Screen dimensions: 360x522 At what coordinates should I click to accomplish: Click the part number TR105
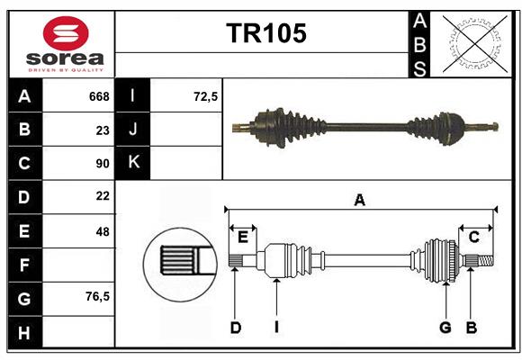coord(265,34)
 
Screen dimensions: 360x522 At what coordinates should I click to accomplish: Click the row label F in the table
coord(24,265)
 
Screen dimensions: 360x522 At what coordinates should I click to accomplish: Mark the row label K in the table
coord(134,163)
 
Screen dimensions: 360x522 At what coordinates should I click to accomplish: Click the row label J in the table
coord(134,130)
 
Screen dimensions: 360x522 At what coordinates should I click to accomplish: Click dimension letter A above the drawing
coord(360,201)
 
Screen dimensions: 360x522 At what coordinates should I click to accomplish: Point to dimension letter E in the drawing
coord(243,237)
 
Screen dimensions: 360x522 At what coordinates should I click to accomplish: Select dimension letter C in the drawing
coord(473,237)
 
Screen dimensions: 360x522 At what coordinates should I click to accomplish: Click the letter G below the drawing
coord(445,328)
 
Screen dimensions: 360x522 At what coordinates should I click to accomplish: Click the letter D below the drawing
coord(235,328)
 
